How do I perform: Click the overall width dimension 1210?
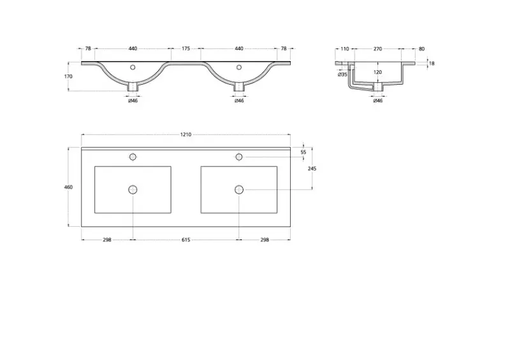coord(186,134)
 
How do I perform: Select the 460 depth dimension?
coord(68,187)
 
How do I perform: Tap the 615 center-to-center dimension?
coord(186,240)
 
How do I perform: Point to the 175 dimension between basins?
coord(186,48)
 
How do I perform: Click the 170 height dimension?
coord(68,76)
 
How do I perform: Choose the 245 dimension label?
coord(312,169)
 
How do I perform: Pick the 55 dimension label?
coord(303,152)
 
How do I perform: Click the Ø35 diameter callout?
coord(342,75)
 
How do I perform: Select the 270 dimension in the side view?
coord(377,48)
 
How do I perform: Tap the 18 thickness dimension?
coord(432,63)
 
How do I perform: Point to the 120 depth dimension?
coord(377,72)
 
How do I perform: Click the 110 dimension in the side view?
coord(344,48)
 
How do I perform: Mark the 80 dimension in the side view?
coord(421,48)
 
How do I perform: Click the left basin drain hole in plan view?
coord(133,189)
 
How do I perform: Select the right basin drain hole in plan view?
coord(239,189)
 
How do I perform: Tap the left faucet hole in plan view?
coord(133,157)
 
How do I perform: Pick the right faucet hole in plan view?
coord(239,157)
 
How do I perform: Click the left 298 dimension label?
coord(107,240)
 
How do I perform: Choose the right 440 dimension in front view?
coord(239,48)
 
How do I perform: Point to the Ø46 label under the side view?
coord(377,101)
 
